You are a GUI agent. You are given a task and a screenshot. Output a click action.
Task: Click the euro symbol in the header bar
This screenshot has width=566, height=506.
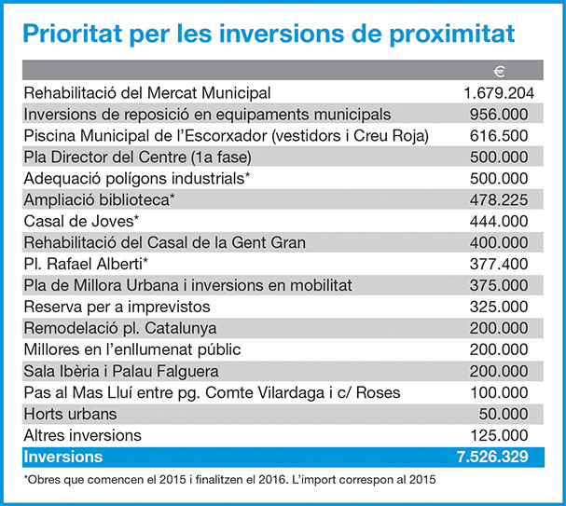point(499,72)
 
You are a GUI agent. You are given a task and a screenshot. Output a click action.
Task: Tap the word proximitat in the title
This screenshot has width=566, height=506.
point(451,34)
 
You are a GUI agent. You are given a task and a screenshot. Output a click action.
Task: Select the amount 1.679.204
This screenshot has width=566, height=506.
point(499,93)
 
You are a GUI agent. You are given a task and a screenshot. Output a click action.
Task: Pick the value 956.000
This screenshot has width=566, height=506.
point(499,115)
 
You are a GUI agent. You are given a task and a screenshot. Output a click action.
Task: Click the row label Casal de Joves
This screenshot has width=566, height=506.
point(81,221)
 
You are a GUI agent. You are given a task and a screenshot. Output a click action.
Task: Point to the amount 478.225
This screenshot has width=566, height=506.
point(499,199)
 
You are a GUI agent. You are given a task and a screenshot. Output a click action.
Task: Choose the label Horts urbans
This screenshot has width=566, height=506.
point(70,414)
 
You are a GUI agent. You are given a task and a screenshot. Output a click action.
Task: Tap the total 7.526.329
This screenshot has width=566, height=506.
point(492,457)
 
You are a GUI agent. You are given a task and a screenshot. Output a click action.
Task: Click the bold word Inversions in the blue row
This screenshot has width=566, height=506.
point(63,457)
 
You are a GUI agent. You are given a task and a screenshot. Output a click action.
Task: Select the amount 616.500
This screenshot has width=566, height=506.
point(499,136)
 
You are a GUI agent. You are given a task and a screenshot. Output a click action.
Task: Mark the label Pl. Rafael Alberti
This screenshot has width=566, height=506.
point(86,264)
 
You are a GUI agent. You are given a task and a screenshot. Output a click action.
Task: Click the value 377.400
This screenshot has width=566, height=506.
point(499,264)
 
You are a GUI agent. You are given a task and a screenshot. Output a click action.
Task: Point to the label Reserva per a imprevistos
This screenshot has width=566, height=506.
point(117,307)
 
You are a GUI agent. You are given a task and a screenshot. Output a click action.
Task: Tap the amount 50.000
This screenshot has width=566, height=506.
point(504,414)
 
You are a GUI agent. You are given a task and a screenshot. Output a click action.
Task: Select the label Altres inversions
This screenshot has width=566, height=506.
point(83,435)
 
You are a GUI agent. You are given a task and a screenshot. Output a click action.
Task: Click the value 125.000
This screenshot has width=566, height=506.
point(500,435)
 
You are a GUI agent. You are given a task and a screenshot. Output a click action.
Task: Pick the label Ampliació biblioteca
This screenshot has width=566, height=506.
point(99,199)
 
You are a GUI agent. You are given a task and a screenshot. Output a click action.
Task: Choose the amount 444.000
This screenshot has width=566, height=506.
point(499,221)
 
